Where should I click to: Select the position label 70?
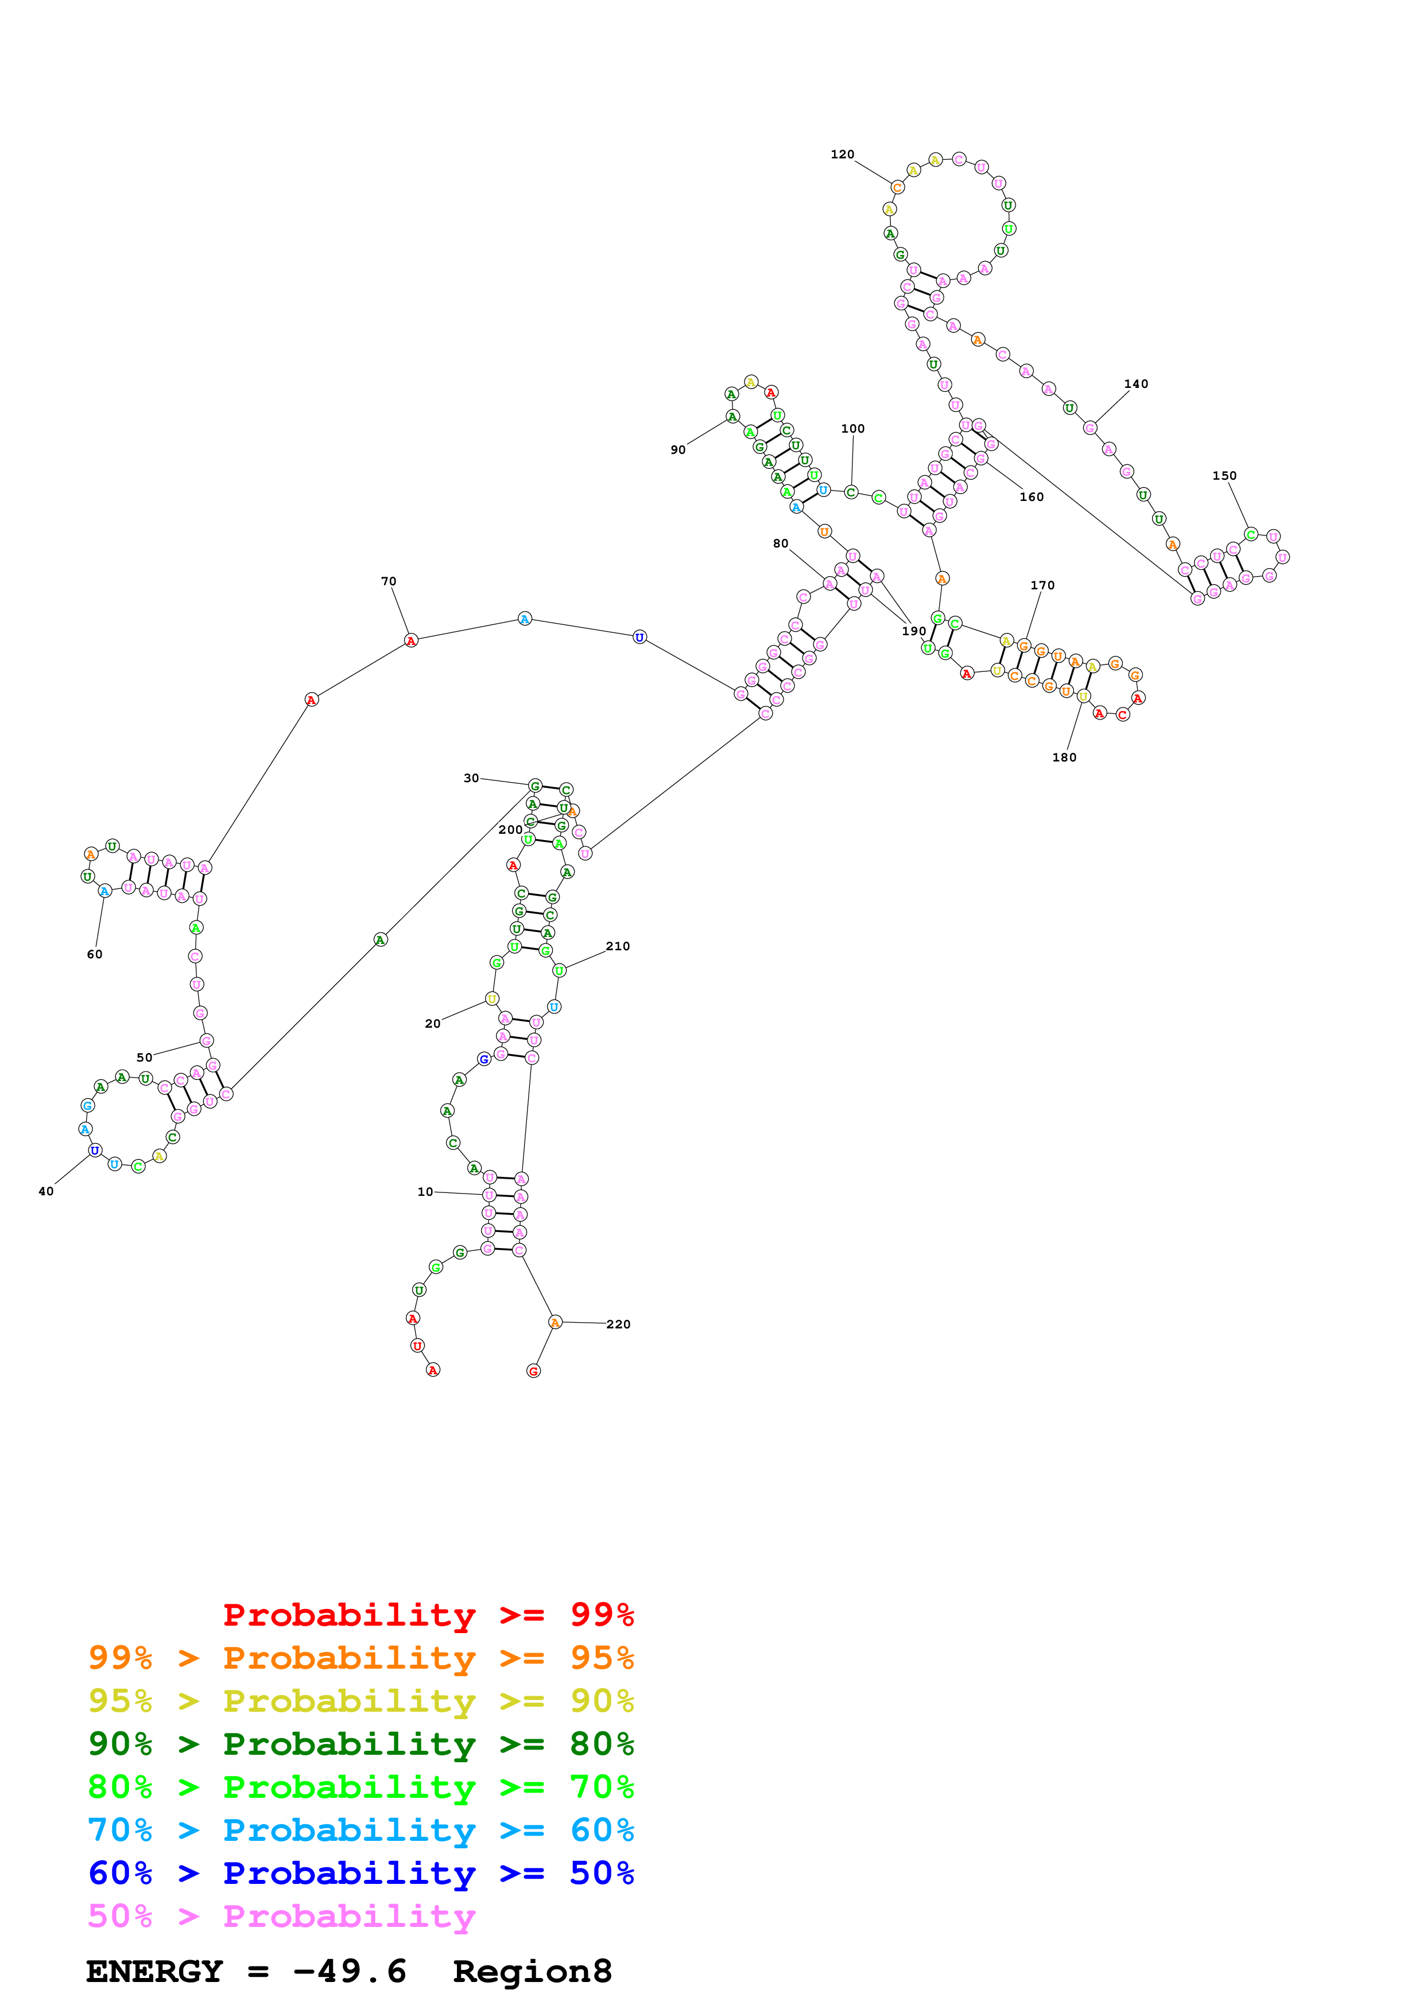pos(389,581)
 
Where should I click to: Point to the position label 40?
pos(45,1191)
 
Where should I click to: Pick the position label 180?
pos(1064,757)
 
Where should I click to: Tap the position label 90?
pos(678,450)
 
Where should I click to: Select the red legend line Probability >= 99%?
pos(428,1615)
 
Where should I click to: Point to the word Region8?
pos(532,1971)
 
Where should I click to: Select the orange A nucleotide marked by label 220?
pos(555,1322)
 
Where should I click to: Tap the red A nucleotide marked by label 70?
pos(411,641)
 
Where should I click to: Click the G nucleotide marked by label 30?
pos(535,786)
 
